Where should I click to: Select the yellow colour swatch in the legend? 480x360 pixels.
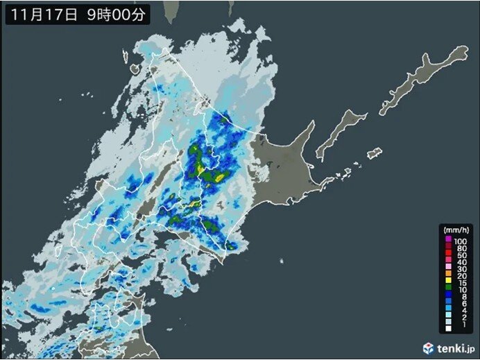tap(447, 282)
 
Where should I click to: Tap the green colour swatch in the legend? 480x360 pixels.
tap(447, 298)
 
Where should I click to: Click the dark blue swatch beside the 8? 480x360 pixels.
tap(447, 307)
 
